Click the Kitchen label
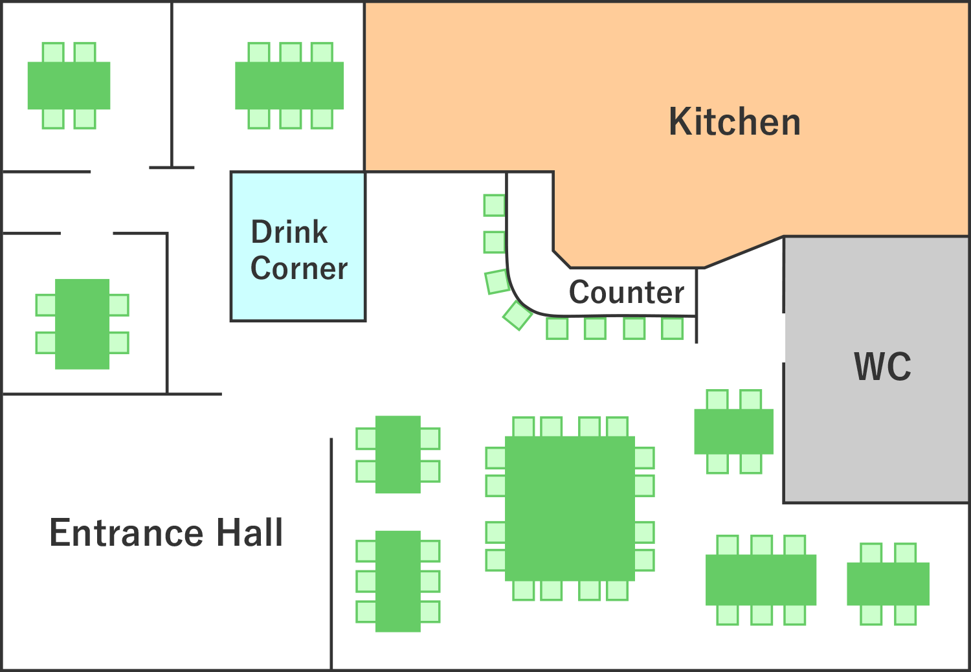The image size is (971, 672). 734,122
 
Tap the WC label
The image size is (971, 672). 882,366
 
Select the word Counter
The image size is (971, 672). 627,292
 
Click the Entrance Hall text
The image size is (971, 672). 166,532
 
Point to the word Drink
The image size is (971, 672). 289,232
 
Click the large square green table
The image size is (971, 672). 570,509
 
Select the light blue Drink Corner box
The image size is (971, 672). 298,247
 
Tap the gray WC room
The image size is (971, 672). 876,370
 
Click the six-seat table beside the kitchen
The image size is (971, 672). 289,85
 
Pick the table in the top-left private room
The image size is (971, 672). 69,85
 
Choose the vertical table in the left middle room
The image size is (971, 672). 82,324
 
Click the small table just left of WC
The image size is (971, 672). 733,431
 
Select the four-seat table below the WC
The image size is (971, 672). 888,583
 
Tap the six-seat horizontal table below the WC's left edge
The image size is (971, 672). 761,579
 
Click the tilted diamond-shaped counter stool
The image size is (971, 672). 518,315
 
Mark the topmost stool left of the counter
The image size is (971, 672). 495,205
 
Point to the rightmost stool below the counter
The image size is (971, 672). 673,328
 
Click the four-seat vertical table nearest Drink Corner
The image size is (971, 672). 398,454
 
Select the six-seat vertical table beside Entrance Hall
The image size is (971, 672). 398,581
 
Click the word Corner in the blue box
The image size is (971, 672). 299,269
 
